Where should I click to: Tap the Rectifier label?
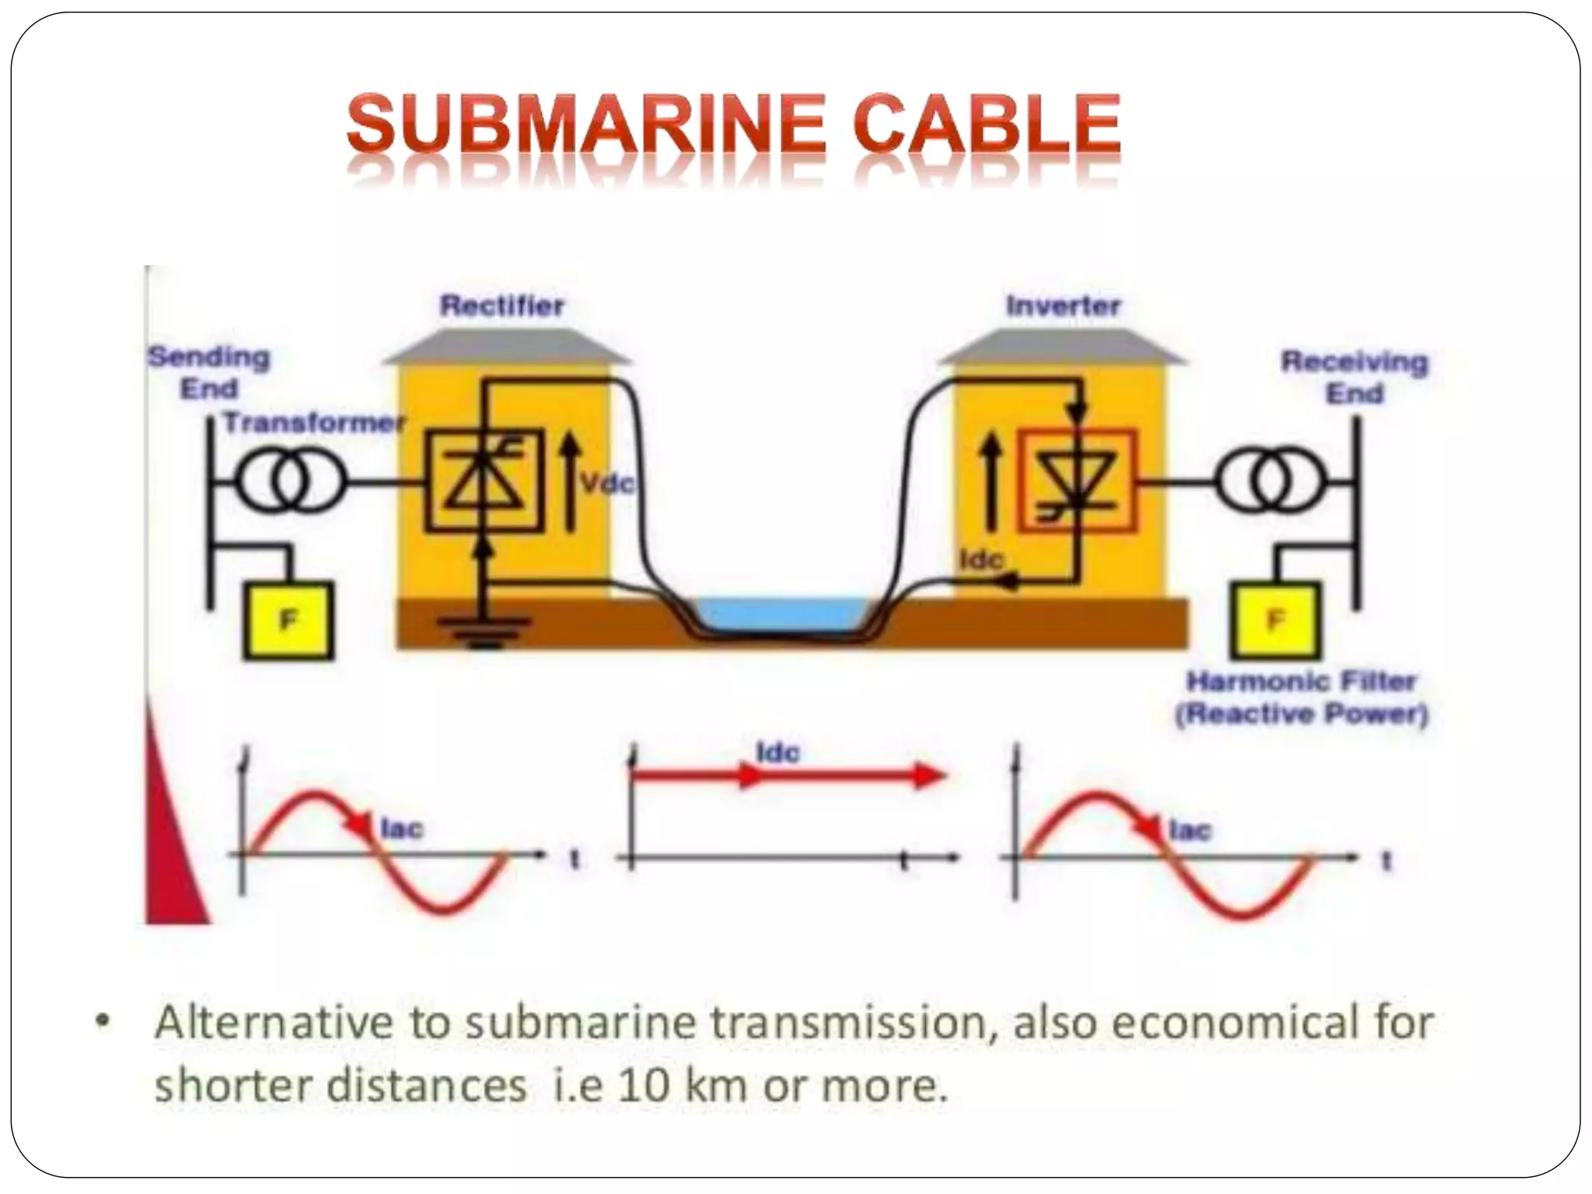502,305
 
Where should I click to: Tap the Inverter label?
1063,306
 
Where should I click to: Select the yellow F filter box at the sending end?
288,620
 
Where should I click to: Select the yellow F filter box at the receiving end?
1276,620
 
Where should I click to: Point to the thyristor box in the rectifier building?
482,482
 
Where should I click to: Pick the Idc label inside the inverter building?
982,559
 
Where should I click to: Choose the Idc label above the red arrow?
777,752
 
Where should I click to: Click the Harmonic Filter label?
1301,682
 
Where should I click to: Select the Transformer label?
315,423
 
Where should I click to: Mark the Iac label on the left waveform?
402,829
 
